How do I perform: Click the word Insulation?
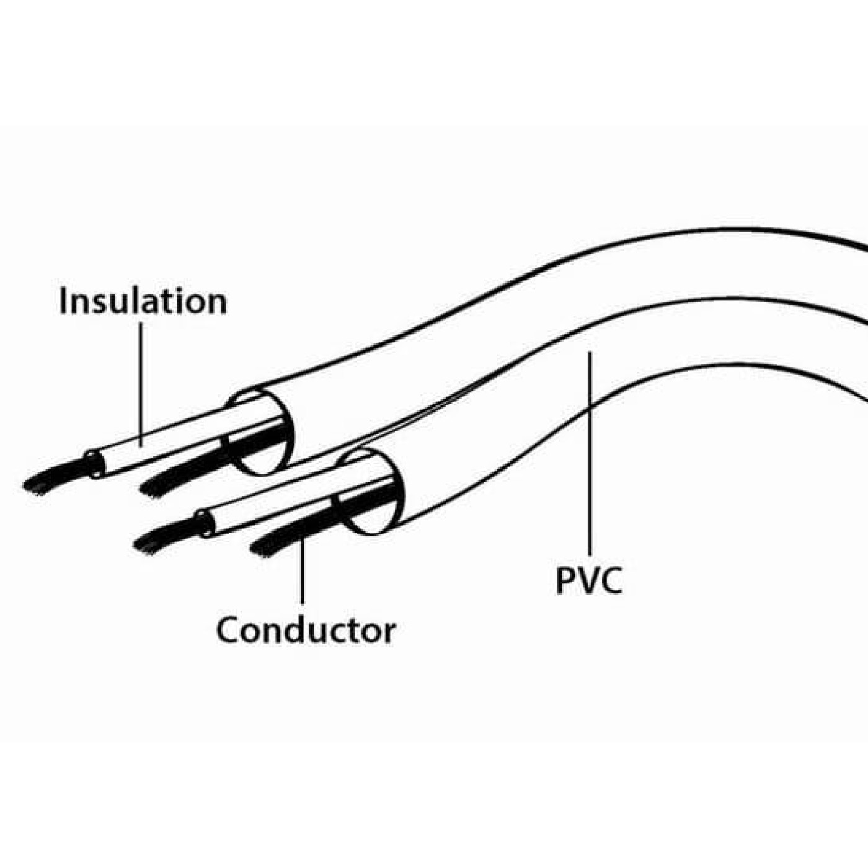[143, 301]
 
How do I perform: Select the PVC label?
[589, 581]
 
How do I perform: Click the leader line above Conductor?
[302, 570]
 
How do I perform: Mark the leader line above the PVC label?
[589, 454]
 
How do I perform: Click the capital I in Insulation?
[63, 301]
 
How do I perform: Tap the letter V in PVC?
[589, 581]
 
